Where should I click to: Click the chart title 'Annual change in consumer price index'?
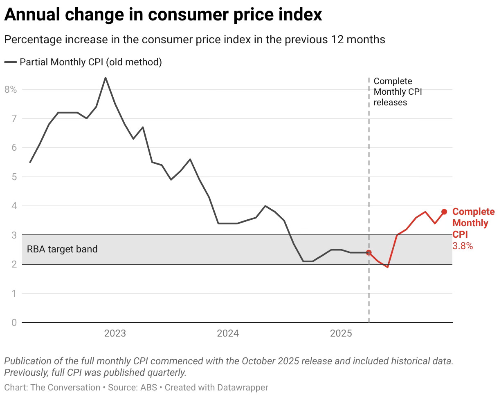coord(163,15)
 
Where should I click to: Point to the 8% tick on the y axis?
coord(11,89)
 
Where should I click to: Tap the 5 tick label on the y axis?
coord(13,177)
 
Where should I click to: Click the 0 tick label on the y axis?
coord(13,323)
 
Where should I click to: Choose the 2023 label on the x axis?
coord(115,334)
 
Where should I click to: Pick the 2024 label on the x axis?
coord(228,334)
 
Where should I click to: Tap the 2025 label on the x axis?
coord(341,334)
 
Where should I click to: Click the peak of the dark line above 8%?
coord(106,78)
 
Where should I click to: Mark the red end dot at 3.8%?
coord(444,212)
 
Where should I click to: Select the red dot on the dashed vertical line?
coord(369,253)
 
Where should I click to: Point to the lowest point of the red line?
coord(387,267)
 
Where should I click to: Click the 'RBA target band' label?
coord(62,249)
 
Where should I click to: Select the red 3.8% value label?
coord(463,246)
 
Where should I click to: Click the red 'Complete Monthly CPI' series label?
coord(473,223)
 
